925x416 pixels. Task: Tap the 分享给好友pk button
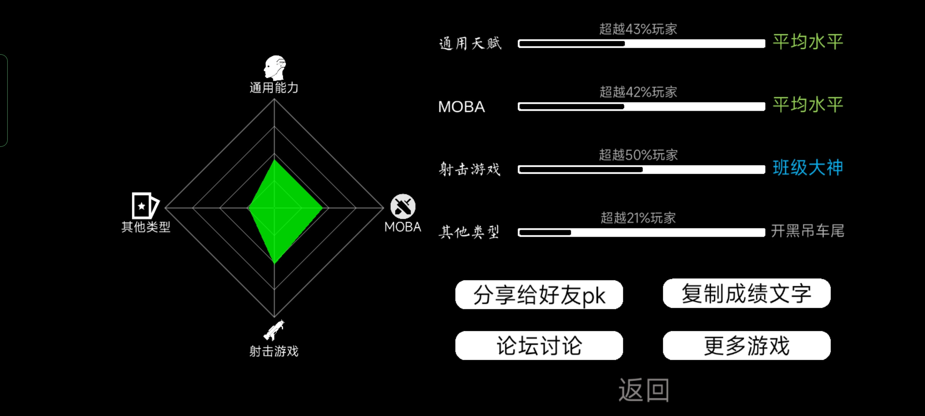pyautogui.click(x=539, y=295)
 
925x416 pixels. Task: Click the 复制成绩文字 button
pyautogui.click(x=747, y=293)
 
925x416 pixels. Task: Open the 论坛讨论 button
pyautogui.click(x=539, y=346)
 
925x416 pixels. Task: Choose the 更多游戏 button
pyautogui.click(x=747, y=346)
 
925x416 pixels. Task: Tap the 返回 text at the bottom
pyautogui.click(x=644, y=390)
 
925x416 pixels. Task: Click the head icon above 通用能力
pyautogui.click(x=275, y=68)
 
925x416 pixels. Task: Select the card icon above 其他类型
pyautogui.click(x=145, y=206)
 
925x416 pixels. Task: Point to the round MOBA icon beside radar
pyautogui.click(x=403, y=206)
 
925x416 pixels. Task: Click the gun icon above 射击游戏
pyautogui.click(x=274, y=330)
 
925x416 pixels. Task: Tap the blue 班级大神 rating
pyautogui.click(x=808, y=168)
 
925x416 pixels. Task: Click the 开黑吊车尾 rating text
pyautogui.click(x=808, y=231)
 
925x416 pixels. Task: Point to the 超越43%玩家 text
pyautogui.click(x=638, y=29)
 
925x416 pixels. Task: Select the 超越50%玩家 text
pyautogui.click(x=638, y=155)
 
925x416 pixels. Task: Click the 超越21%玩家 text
pyautogui.click(x=638, y=218)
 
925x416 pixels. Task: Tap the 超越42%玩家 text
pyautogui.click(x=638, y=92)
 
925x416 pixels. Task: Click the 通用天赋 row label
pyautogui.click(x=470, y=43)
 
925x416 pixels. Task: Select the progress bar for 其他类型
pyautogui.click(x=641, y=232)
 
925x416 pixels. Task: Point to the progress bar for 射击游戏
pyautogui.click(x=641, y=169)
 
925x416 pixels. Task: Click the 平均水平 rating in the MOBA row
pyautogui.click(x=808, y=105)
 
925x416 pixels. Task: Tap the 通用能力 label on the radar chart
pyautogui.click(x=274, y=88)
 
